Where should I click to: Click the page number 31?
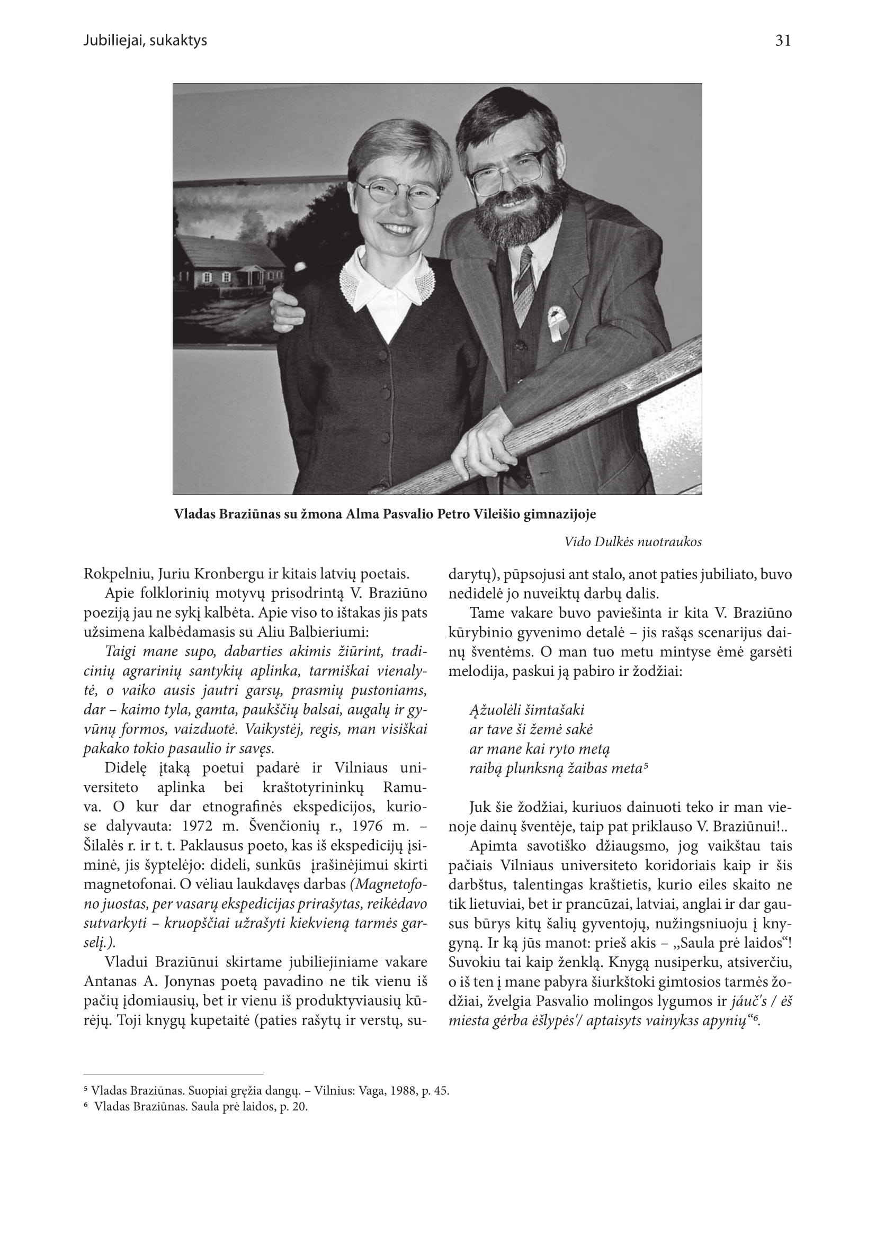(x=783, y=41)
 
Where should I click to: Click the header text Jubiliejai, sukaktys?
(x=145, y=41)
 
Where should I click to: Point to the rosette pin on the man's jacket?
(x=555, y=323)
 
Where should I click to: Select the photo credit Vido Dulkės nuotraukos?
(x=633, y=542)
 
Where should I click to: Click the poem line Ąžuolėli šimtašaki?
(x=526, y=710)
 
